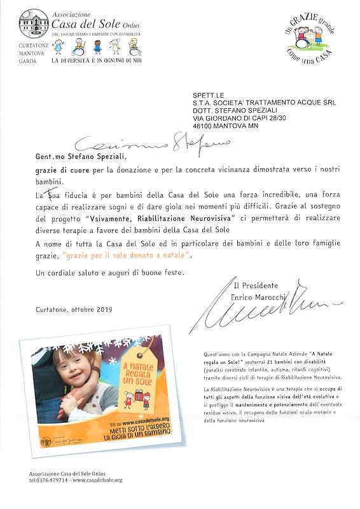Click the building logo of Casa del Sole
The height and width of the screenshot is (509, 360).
pyautogui.click(x=34, y=24)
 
